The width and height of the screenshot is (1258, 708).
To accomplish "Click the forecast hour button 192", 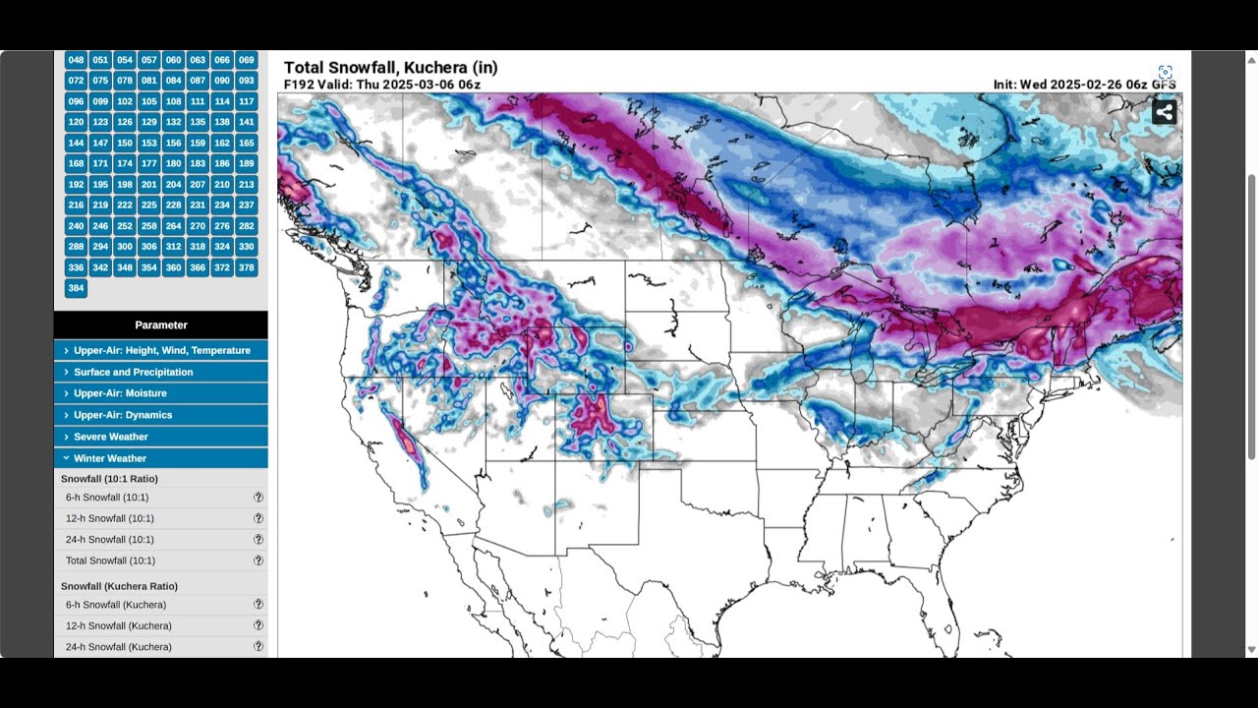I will coord(76,184).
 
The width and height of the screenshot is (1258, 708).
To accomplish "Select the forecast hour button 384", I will coord(76,288).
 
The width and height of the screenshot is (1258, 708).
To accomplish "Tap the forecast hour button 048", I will coord(76,60).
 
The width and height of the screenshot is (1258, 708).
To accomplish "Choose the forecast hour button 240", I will coord(76,226).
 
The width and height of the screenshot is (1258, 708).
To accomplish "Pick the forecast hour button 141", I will coord(247,122).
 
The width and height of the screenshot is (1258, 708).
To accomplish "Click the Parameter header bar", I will coord(161,324).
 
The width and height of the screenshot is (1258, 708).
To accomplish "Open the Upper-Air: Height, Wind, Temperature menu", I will coord(161,350).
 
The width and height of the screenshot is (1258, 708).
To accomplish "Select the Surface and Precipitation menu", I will coord(161,372).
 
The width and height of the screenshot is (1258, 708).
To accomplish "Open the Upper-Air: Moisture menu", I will coord(161,393).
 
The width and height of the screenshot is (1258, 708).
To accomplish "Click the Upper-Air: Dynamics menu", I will coord(161,415).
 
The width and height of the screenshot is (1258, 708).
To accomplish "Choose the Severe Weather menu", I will coord(161,437).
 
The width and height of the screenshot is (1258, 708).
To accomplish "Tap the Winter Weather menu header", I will coord(161,458).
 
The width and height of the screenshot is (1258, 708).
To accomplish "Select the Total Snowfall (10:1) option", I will coord(110,560).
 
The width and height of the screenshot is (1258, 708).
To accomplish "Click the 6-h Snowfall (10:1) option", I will coord(107,498).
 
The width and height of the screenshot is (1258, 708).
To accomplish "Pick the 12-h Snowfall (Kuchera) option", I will coord(118,625).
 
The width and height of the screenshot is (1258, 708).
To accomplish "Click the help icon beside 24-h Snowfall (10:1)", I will coord(258,539).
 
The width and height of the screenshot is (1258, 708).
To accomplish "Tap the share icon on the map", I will coord(1165,111).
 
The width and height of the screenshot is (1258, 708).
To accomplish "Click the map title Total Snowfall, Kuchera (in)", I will coord(390,68).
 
